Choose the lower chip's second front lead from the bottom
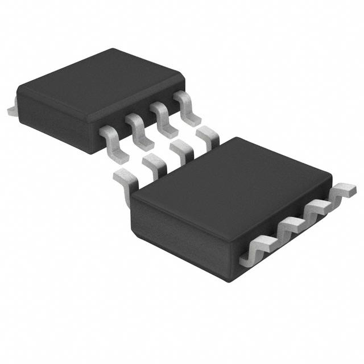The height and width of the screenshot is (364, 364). [x=290, y=230]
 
